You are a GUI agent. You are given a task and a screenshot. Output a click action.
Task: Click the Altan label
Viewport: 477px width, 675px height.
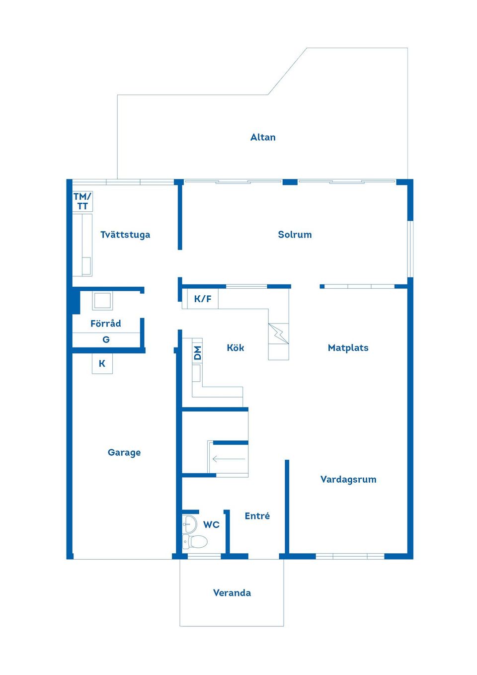[263, 137]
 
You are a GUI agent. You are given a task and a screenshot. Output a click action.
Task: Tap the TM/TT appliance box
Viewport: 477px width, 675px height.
[82, 201]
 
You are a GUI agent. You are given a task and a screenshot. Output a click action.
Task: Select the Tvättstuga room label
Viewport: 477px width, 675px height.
[125, 235]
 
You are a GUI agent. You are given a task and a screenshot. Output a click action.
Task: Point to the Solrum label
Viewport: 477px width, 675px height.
[295, 235]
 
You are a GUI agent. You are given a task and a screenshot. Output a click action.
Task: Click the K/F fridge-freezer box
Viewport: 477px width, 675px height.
[202, 299]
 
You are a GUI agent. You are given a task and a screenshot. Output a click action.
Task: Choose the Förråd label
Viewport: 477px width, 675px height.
[105, 324]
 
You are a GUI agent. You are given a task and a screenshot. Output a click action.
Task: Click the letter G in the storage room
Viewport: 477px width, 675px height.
[106, 340]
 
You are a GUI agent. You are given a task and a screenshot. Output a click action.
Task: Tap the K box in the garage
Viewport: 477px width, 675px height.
[102, 364]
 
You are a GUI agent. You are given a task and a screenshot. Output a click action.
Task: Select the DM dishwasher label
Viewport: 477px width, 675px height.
[197, 353]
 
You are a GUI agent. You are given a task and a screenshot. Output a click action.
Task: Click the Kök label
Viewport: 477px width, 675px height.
[235, 348]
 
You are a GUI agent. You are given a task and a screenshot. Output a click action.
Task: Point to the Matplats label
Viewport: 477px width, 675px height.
[348, 348]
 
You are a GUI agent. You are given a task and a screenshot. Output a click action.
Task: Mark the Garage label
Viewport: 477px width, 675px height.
[124, 452]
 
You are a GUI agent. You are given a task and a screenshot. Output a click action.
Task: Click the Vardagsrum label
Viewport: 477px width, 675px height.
[348, 480]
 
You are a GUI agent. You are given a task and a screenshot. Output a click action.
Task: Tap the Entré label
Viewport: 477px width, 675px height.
[257, 516]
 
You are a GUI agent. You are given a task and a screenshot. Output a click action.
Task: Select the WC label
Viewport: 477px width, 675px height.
[211, 525]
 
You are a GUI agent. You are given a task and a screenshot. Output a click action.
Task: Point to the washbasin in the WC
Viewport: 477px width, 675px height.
[189, 523]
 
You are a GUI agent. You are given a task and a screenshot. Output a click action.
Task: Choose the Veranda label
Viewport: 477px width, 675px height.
[232, 593]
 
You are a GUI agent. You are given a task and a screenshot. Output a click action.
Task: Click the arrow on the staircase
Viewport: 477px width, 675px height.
[229, 459]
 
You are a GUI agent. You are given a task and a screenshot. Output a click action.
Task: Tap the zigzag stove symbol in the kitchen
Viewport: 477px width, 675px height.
[278, 333]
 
